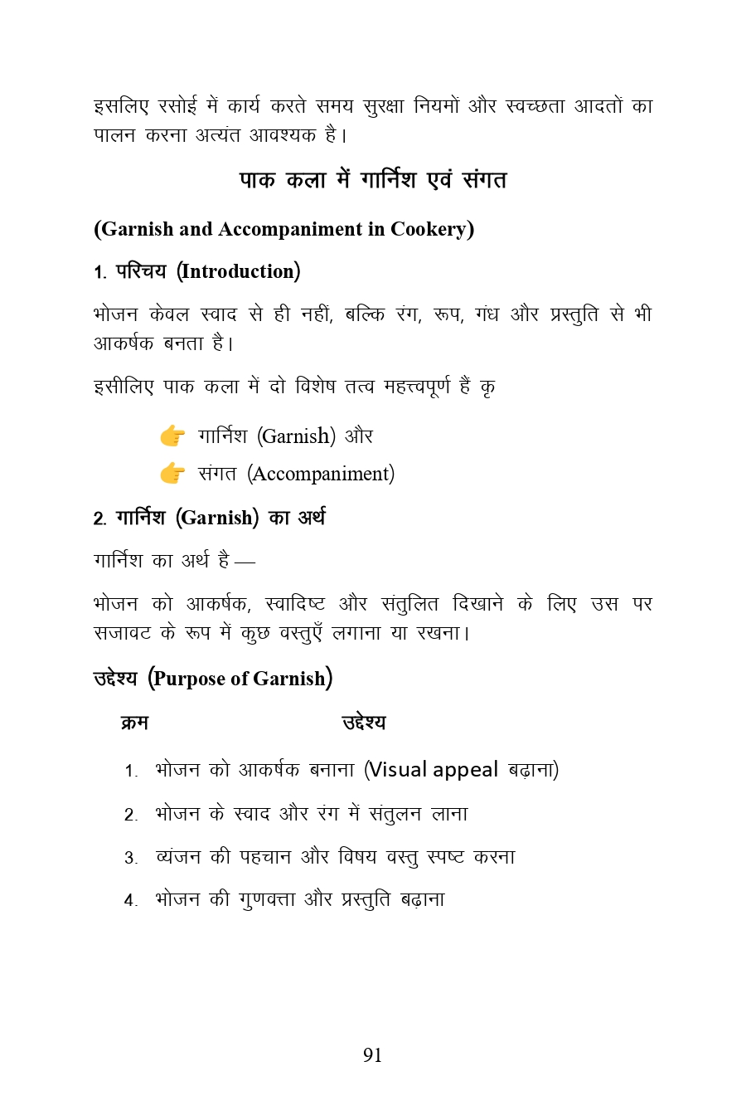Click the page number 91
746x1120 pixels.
(x=372, y=1054)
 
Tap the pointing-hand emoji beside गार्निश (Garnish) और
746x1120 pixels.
(x=172, y=436)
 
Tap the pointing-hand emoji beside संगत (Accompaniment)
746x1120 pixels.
(x=172, y=473)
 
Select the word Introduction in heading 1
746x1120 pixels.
(x=238, y=271)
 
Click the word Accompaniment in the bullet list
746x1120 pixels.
(x=321, y=474)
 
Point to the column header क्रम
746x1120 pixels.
(x=134, y=723)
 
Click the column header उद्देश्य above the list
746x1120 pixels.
(x=364, y=723)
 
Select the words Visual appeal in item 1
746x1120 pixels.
(x=434, y=770)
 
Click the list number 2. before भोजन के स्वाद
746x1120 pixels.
(x=130, y=815)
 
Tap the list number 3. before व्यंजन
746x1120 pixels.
(x=130, y=858)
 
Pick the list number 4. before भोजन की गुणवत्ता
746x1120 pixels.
(x=130, y=901)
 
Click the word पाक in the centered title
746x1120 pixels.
(x=257, y=180)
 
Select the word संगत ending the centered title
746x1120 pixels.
(x=485, y=180)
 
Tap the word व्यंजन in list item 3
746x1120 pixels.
(x=177, y=857)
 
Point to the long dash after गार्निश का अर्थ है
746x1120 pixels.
(x=245, y=562)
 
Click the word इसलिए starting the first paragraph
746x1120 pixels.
(x=121, y=106)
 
